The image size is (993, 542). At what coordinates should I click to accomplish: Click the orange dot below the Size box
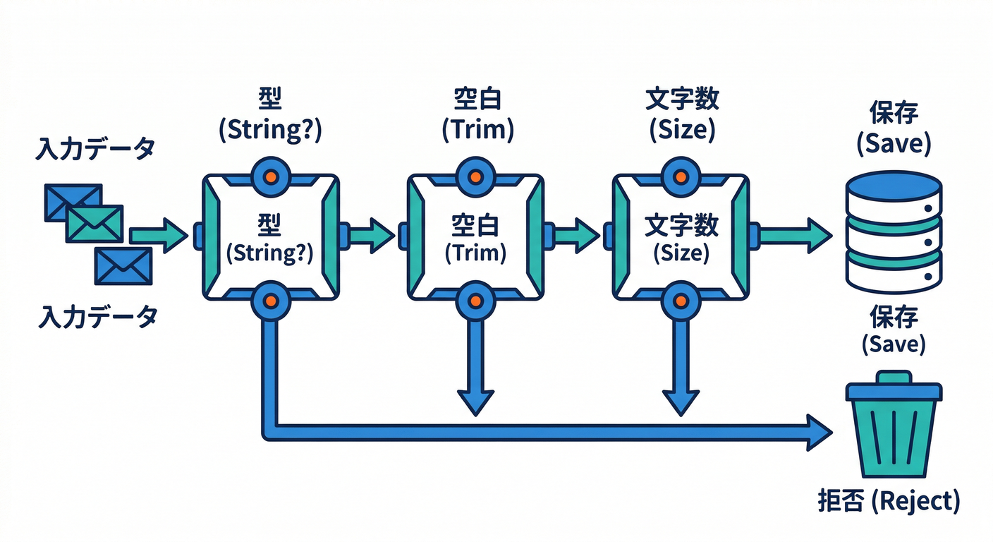681,301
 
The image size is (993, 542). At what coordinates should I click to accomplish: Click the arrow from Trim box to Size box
575,235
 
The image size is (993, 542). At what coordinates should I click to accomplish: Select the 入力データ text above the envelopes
95,150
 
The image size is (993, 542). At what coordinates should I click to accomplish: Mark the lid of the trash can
894,389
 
